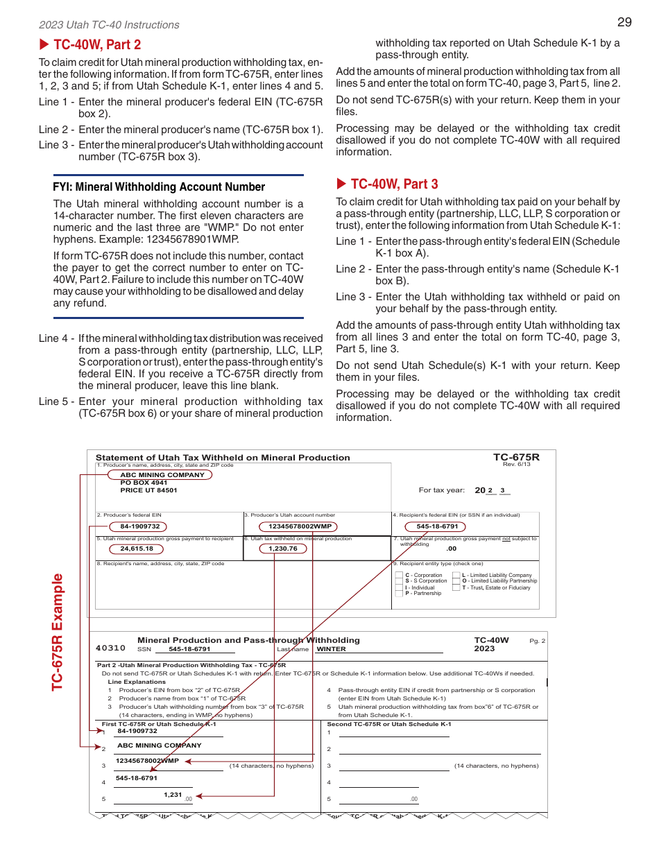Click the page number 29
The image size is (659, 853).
[x=624, y=22]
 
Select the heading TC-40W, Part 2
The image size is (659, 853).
[x=96, y=44]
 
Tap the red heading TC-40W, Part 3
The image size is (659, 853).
[x=394, y=184]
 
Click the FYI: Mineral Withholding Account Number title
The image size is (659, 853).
[x=159, y=187]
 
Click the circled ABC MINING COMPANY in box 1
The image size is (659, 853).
[x=162, y=475]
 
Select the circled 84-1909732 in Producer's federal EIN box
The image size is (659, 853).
[x=140, y=526]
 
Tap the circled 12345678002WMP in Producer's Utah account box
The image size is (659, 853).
[x=300, y=526]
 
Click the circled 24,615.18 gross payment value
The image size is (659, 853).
[x=137, y=549]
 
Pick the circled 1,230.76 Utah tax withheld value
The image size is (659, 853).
[x=282, y=549]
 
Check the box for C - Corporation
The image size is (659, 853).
[x=398, y=575]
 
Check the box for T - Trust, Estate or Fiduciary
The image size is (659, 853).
[x=456, y=587]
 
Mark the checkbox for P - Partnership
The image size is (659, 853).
[x=398, y=594]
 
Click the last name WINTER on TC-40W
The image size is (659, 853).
[x=331, y=649]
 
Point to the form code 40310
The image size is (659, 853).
[x=110, y=648]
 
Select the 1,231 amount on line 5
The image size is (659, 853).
[x=173, y=795]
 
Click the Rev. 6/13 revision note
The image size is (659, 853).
[x=516, y=464]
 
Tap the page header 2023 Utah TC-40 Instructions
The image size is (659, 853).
[x=109, y=25]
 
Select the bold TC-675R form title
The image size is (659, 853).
[x=515, y=457]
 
